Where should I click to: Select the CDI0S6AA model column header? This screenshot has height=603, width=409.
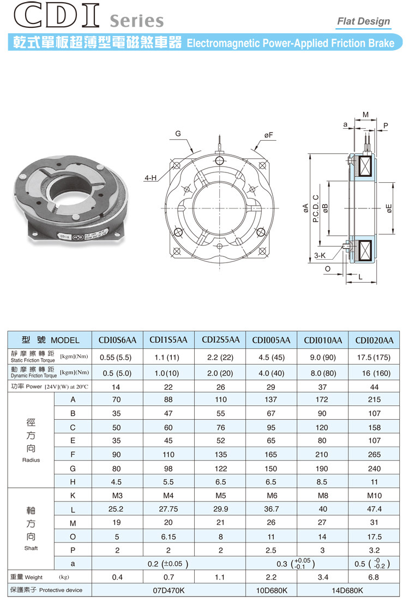(117, 340)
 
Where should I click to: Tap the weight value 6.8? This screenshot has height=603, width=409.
(374, 577)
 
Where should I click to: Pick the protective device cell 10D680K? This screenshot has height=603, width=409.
(271, 590)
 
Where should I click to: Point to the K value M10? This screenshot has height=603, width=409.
(374, 495)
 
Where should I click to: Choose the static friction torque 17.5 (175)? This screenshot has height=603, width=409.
(374, 359)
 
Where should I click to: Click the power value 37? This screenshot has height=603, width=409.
(323, 386)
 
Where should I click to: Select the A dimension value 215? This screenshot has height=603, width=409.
(374, 400)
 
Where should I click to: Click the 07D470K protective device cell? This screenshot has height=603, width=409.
(169, 590)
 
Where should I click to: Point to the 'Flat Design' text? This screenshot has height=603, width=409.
(364, 21)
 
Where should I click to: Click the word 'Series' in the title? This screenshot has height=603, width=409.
(136, 21)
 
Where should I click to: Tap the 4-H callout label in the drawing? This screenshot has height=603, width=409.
(151, 178)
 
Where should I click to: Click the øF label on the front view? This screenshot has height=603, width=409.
(268, 134)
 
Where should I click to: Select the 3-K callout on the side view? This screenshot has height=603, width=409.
(321, 255)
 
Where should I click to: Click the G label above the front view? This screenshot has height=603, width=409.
(178, 134)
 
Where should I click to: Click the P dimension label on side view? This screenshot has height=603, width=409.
(386, 126)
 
